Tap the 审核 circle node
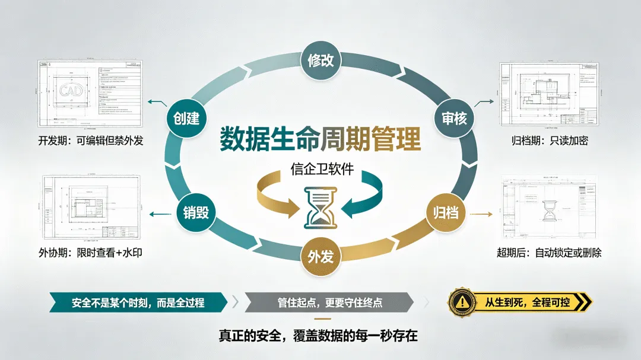coord(455,119)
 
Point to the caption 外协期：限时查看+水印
coord(90,253)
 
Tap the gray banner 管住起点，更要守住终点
coord(329,302)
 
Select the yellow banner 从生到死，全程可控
coord(527,302)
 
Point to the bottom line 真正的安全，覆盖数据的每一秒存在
coord(320,336)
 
